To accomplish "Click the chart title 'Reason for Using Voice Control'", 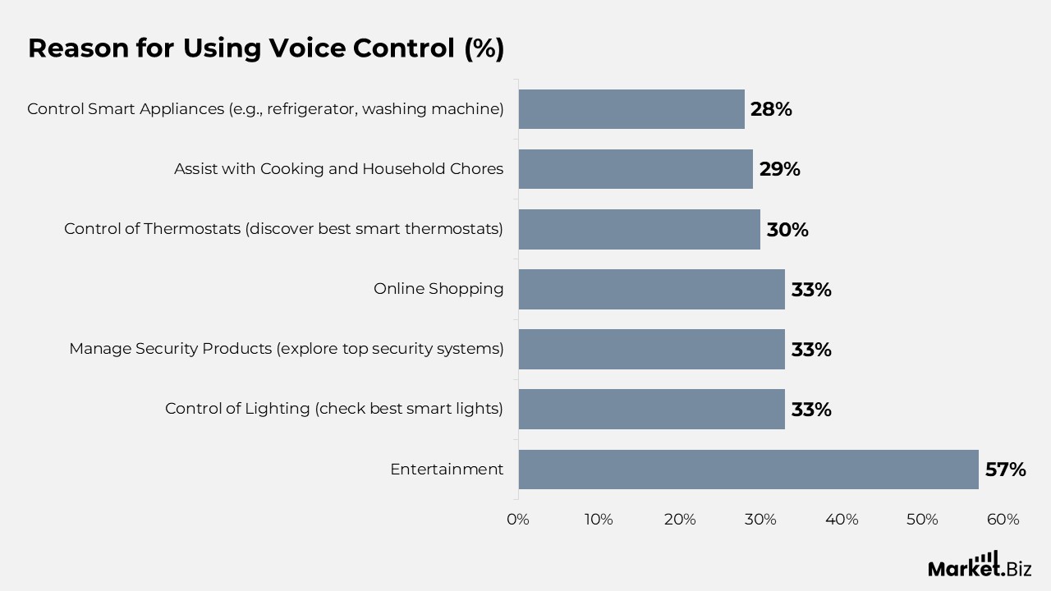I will (x=266, y=48).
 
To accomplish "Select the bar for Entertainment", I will (x=748, y=470).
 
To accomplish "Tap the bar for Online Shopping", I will (x=651, y=289).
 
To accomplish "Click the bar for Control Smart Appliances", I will (x=631, y=109).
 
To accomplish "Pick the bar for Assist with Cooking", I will (x=636, y=169).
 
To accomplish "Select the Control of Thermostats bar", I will (x=639, y=229).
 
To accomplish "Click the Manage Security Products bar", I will (x=651, y=349).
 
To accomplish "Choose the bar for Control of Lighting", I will (x=651, y=409).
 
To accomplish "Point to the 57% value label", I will (x=1005, y=470).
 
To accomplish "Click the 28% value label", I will (x=771, y=109).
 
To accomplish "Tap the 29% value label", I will (x=779, y=169).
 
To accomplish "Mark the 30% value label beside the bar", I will (x=787, y=230).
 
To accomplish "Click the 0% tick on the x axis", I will (x=518, y=520).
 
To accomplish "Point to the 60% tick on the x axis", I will (x=1003, y=520).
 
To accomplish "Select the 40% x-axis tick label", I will (x=842, y=520).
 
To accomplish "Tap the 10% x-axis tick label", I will (x=599, y=520).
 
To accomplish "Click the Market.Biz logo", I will (x=980, y=565).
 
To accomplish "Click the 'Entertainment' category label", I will (x=447, y=470).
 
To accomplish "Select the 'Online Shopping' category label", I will (x=438, y=289).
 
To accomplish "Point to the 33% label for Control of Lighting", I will (x=811, y=410).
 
